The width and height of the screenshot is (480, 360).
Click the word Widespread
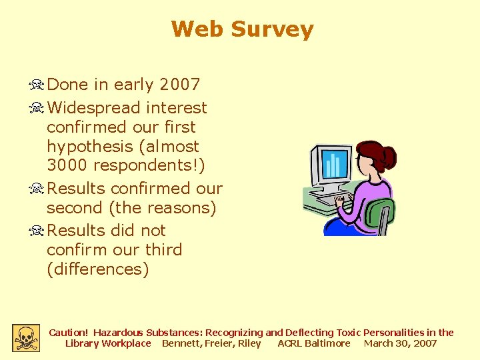[x=94, y=107]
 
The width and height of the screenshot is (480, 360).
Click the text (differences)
[x=97, y=269]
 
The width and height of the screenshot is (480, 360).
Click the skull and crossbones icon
[x=25, y=338]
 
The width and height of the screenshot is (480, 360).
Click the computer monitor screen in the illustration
[x=333, y=164]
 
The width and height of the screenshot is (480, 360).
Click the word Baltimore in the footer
[x=327, y=343]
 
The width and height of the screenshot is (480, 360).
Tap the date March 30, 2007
[x=400, y=343]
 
